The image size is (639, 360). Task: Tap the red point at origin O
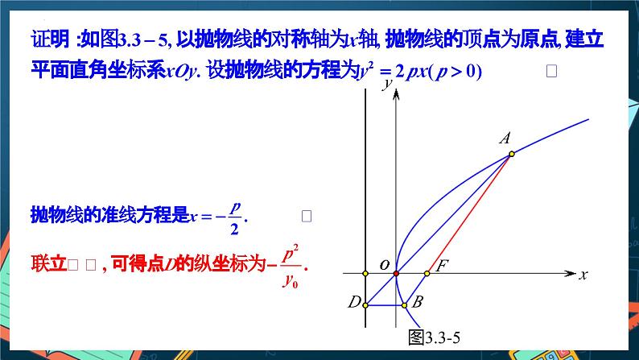pyautogui.click(x=396, y=274)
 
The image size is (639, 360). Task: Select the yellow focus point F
pyautogui.click(x=427, y=274)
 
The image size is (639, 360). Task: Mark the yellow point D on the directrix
pyautogui.click(x=365, y=304)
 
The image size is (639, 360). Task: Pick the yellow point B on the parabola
pyautogui.click(x=405, y=304)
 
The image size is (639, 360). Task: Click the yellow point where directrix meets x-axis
pyautogui.click(x=365, y=274)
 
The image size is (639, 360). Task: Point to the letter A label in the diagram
pyautogui.click(x=505, y=139)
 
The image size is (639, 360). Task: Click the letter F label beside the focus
pyautogui.click(x=441, y=264)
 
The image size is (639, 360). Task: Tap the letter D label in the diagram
pyautogui.click(x=353, y=304)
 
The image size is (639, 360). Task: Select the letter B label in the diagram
pyautogui.click(x=417, y=304)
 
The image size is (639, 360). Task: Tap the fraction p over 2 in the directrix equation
pyautogui.click(x=234, y=217)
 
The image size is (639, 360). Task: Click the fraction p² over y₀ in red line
pyautogui.click(x=291, y=266)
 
